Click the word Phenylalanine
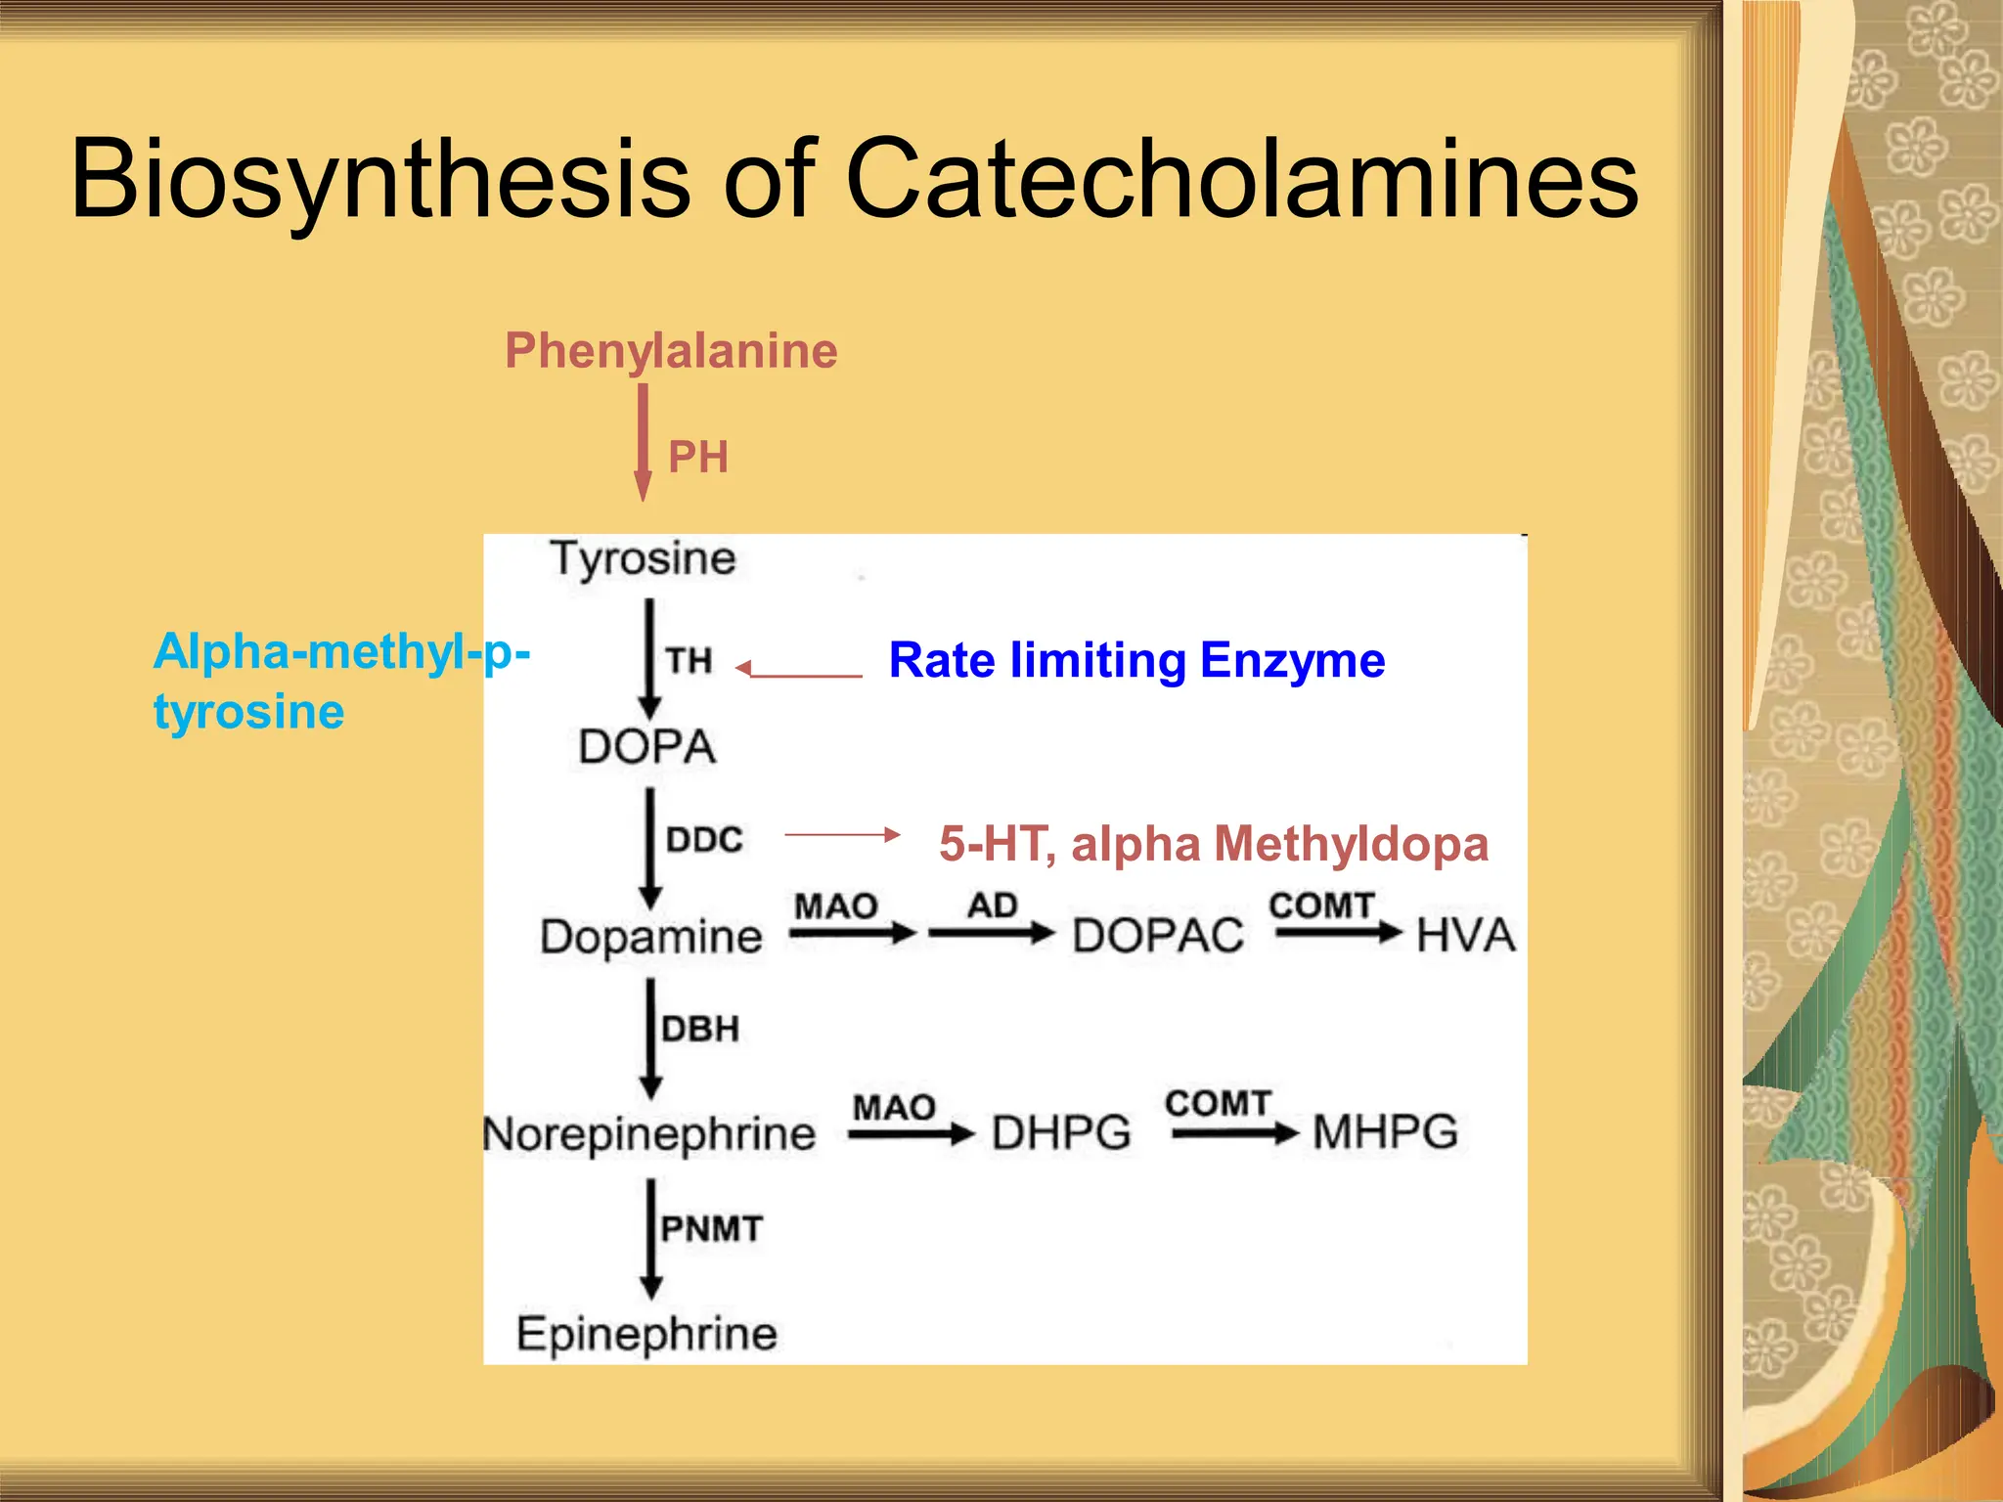tap(671, 351)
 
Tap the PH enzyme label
tap(698, 457)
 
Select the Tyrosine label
tap(643, 559)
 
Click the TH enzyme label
tap(690, 661)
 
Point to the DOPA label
tap(647, 747)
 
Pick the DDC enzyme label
tap(704, 840)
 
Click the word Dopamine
tap(651, 937)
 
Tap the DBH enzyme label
tap(700, 1029)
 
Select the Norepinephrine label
tap(649, 1135)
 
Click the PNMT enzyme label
tap(711, 1228)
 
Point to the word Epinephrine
tap(646, 1334)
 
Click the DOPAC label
tap(1158, 936)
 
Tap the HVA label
tap(1465, 935)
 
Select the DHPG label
tap(1061, 1133)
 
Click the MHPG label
tap(1385, 1132)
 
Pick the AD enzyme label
tap(993, 906)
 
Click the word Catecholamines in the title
tap(1241, 180)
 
